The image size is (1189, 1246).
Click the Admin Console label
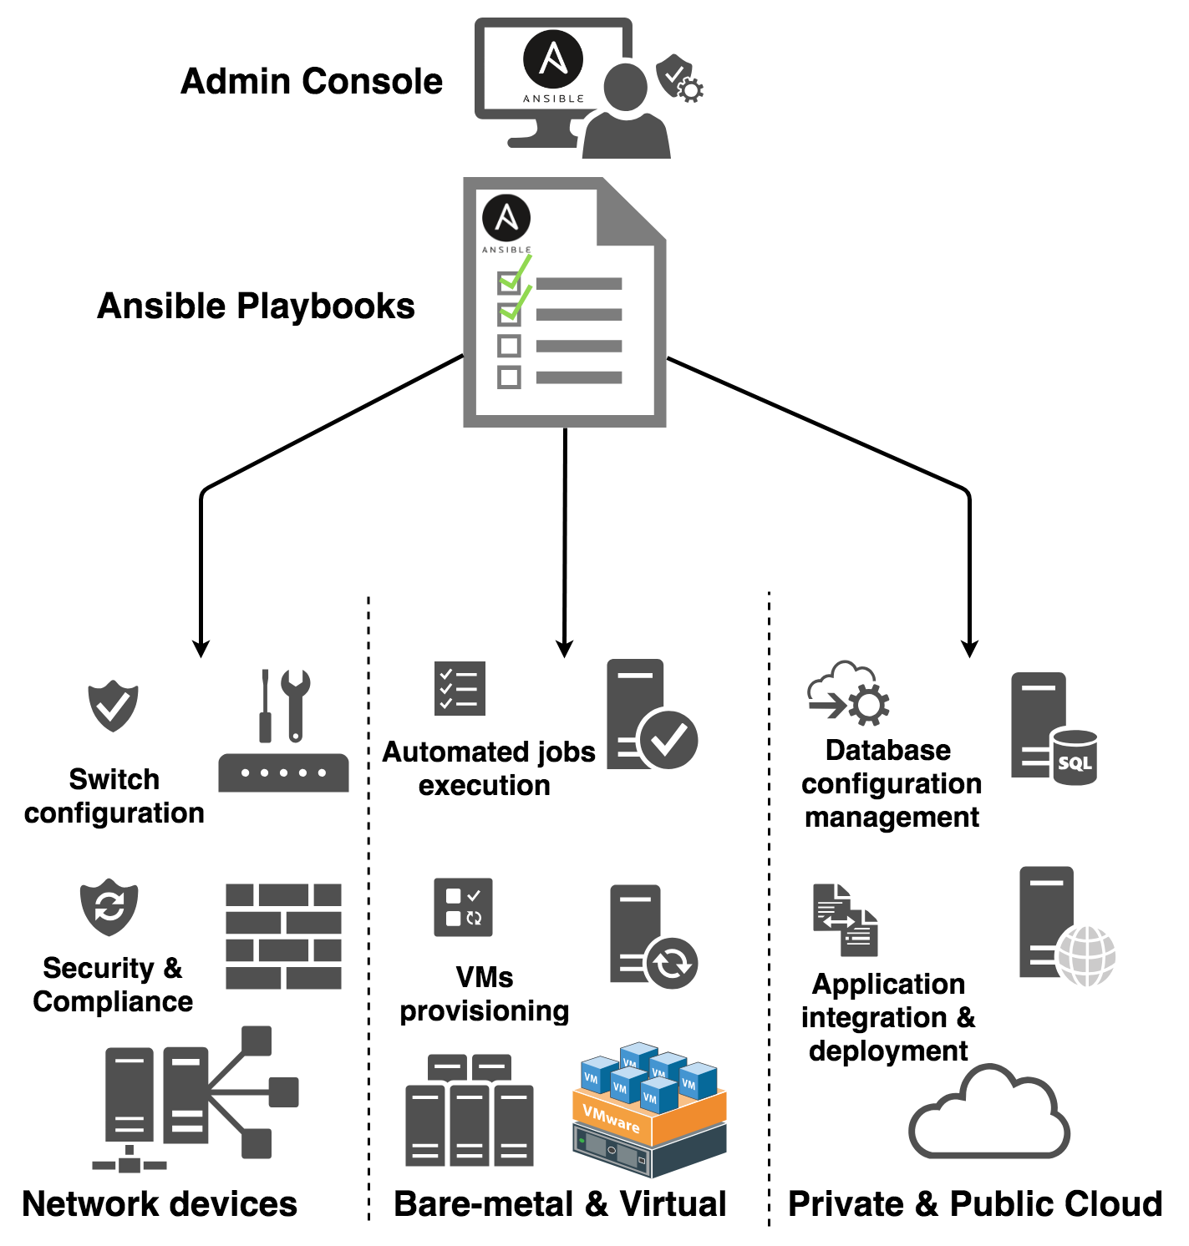[x=311, y=82]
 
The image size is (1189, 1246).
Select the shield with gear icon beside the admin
[x=678, y=79]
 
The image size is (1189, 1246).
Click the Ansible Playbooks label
[x=256, y=306]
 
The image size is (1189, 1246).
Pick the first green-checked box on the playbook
[x=509, y=282]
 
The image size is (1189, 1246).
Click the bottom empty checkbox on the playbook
[x=509, y=377]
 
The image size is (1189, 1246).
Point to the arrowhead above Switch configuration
[x=201, y=648]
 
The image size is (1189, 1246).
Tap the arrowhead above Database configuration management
[x=969, y=648]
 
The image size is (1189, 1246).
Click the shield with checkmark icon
[x=114, y=707]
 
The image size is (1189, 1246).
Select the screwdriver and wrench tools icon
[x=285, y=706]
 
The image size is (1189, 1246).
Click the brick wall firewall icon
[x=283, y=936]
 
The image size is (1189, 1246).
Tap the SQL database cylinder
[x=1075, y=757]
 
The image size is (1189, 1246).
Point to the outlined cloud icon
[x=988, y=1115]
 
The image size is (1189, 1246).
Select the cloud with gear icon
[x=848, y=693]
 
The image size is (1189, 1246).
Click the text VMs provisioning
[x=484, y=994]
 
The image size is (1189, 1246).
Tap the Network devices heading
[x=160, y=1204]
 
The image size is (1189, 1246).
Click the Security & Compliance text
[x=113, y=985]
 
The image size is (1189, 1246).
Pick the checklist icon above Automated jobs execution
[x=460, y=689]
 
